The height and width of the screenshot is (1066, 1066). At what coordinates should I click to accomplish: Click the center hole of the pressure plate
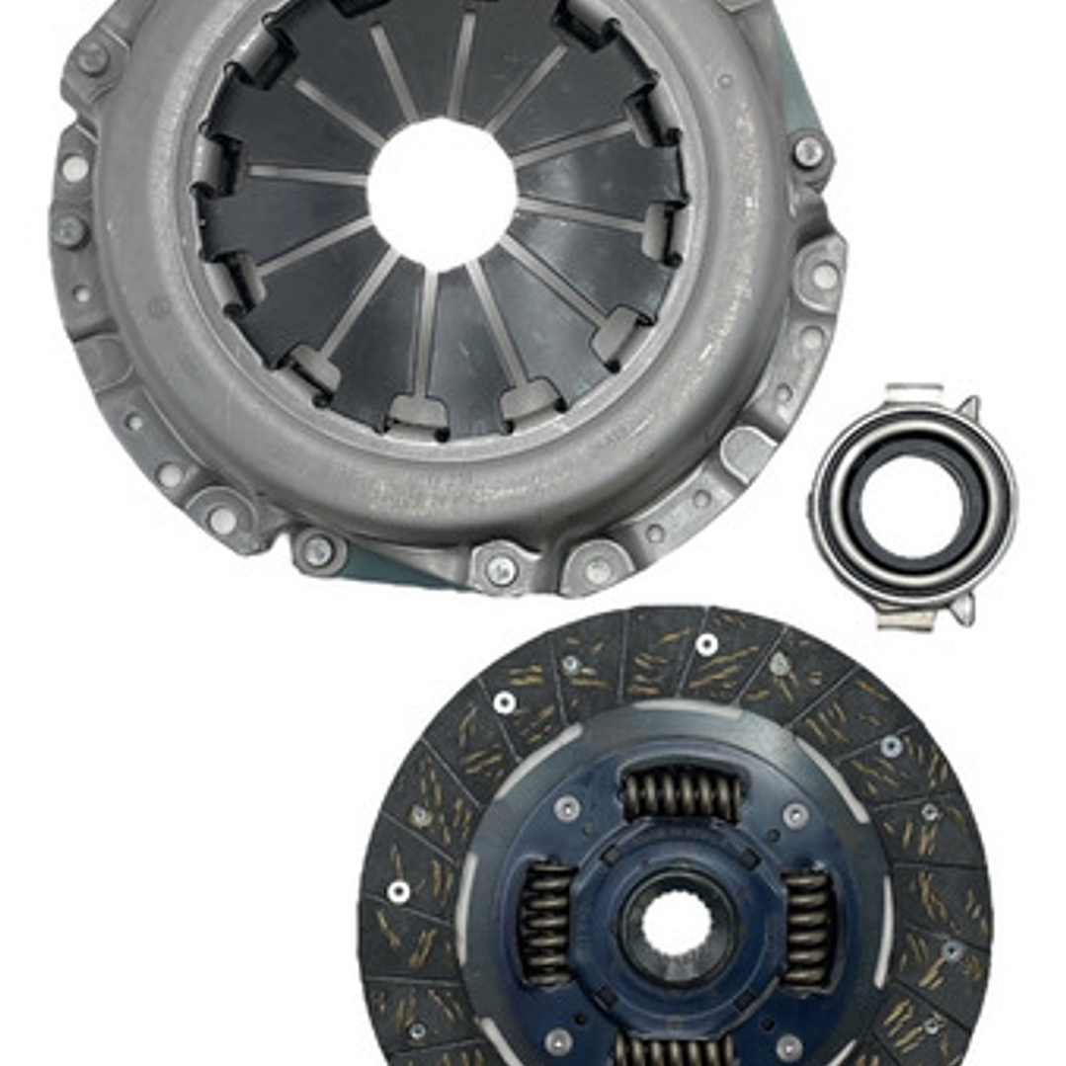pyautogui.click(x=442, y=193)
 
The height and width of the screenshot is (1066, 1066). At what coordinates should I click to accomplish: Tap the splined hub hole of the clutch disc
pyautogui.click(x=676, y=929)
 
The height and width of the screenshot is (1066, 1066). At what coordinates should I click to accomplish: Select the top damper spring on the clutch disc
pyautogui.click(x=681, y=793)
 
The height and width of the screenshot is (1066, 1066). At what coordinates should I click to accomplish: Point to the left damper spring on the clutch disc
pyautogui.click(x=546, y=922)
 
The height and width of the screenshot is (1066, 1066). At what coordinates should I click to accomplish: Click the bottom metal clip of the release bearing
pyautogui.click(x=905, y=618)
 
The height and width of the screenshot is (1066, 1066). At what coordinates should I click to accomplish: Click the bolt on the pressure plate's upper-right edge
pyautogui.click(x=808, y=150)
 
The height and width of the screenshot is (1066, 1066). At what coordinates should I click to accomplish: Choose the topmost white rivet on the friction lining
pyautogui.click(x=705, y=644)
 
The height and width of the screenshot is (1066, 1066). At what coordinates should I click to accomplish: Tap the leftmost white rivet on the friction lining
pyautogui.click(x=398, y=891)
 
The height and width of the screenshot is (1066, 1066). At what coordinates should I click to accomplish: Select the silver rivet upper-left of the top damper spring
pyautogui.click(x=567, y=809)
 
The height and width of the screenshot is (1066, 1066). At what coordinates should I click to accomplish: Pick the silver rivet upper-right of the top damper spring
pyautogui.click(x=795, y=815)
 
